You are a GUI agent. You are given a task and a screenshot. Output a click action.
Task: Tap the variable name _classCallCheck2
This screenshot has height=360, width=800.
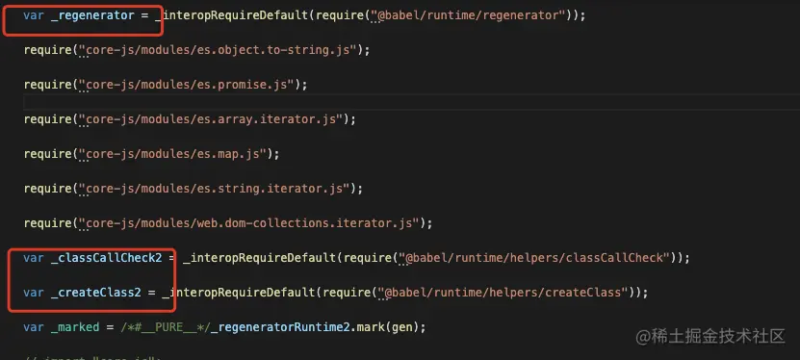105,257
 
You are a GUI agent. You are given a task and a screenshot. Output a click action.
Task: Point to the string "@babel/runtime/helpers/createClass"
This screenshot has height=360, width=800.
506,292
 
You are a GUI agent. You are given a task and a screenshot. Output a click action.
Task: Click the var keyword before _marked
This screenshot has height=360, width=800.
34,326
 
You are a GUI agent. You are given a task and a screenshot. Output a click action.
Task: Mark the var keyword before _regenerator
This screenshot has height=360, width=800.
34,16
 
